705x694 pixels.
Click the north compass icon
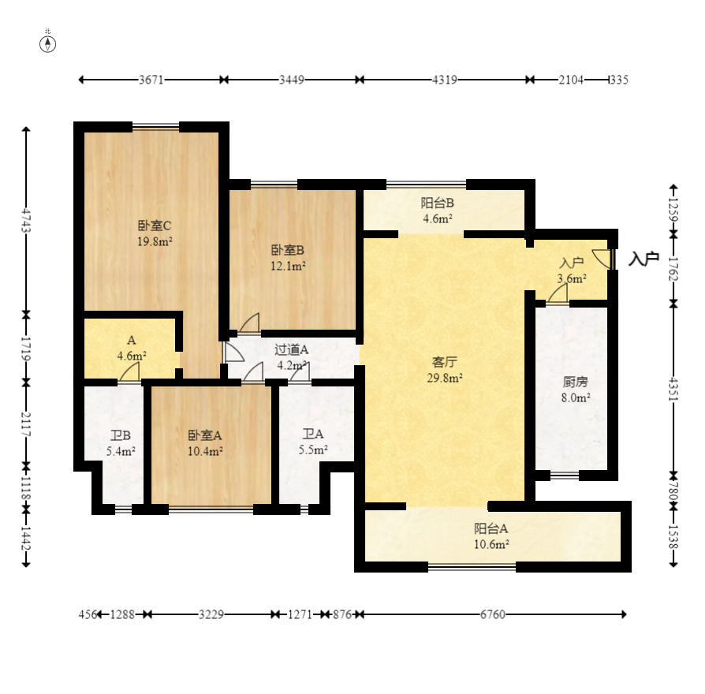48,43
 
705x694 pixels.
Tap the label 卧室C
155,225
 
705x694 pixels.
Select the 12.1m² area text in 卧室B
288,265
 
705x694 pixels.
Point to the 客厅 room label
446,362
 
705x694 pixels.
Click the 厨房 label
576,382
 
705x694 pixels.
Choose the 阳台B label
437,203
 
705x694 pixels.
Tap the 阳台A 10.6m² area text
491,543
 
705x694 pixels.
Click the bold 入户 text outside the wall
644,259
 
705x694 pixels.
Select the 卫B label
121,435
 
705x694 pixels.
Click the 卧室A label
205,435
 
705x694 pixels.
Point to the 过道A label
291,349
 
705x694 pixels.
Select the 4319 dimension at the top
445,80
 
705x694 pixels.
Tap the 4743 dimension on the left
27,220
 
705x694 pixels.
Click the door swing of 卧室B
250,323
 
